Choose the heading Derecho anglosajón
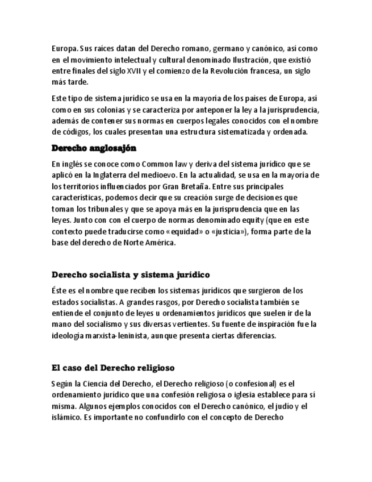94,148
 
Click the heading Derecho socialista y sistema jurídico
131,275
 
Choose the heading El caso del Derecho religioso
112,367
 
